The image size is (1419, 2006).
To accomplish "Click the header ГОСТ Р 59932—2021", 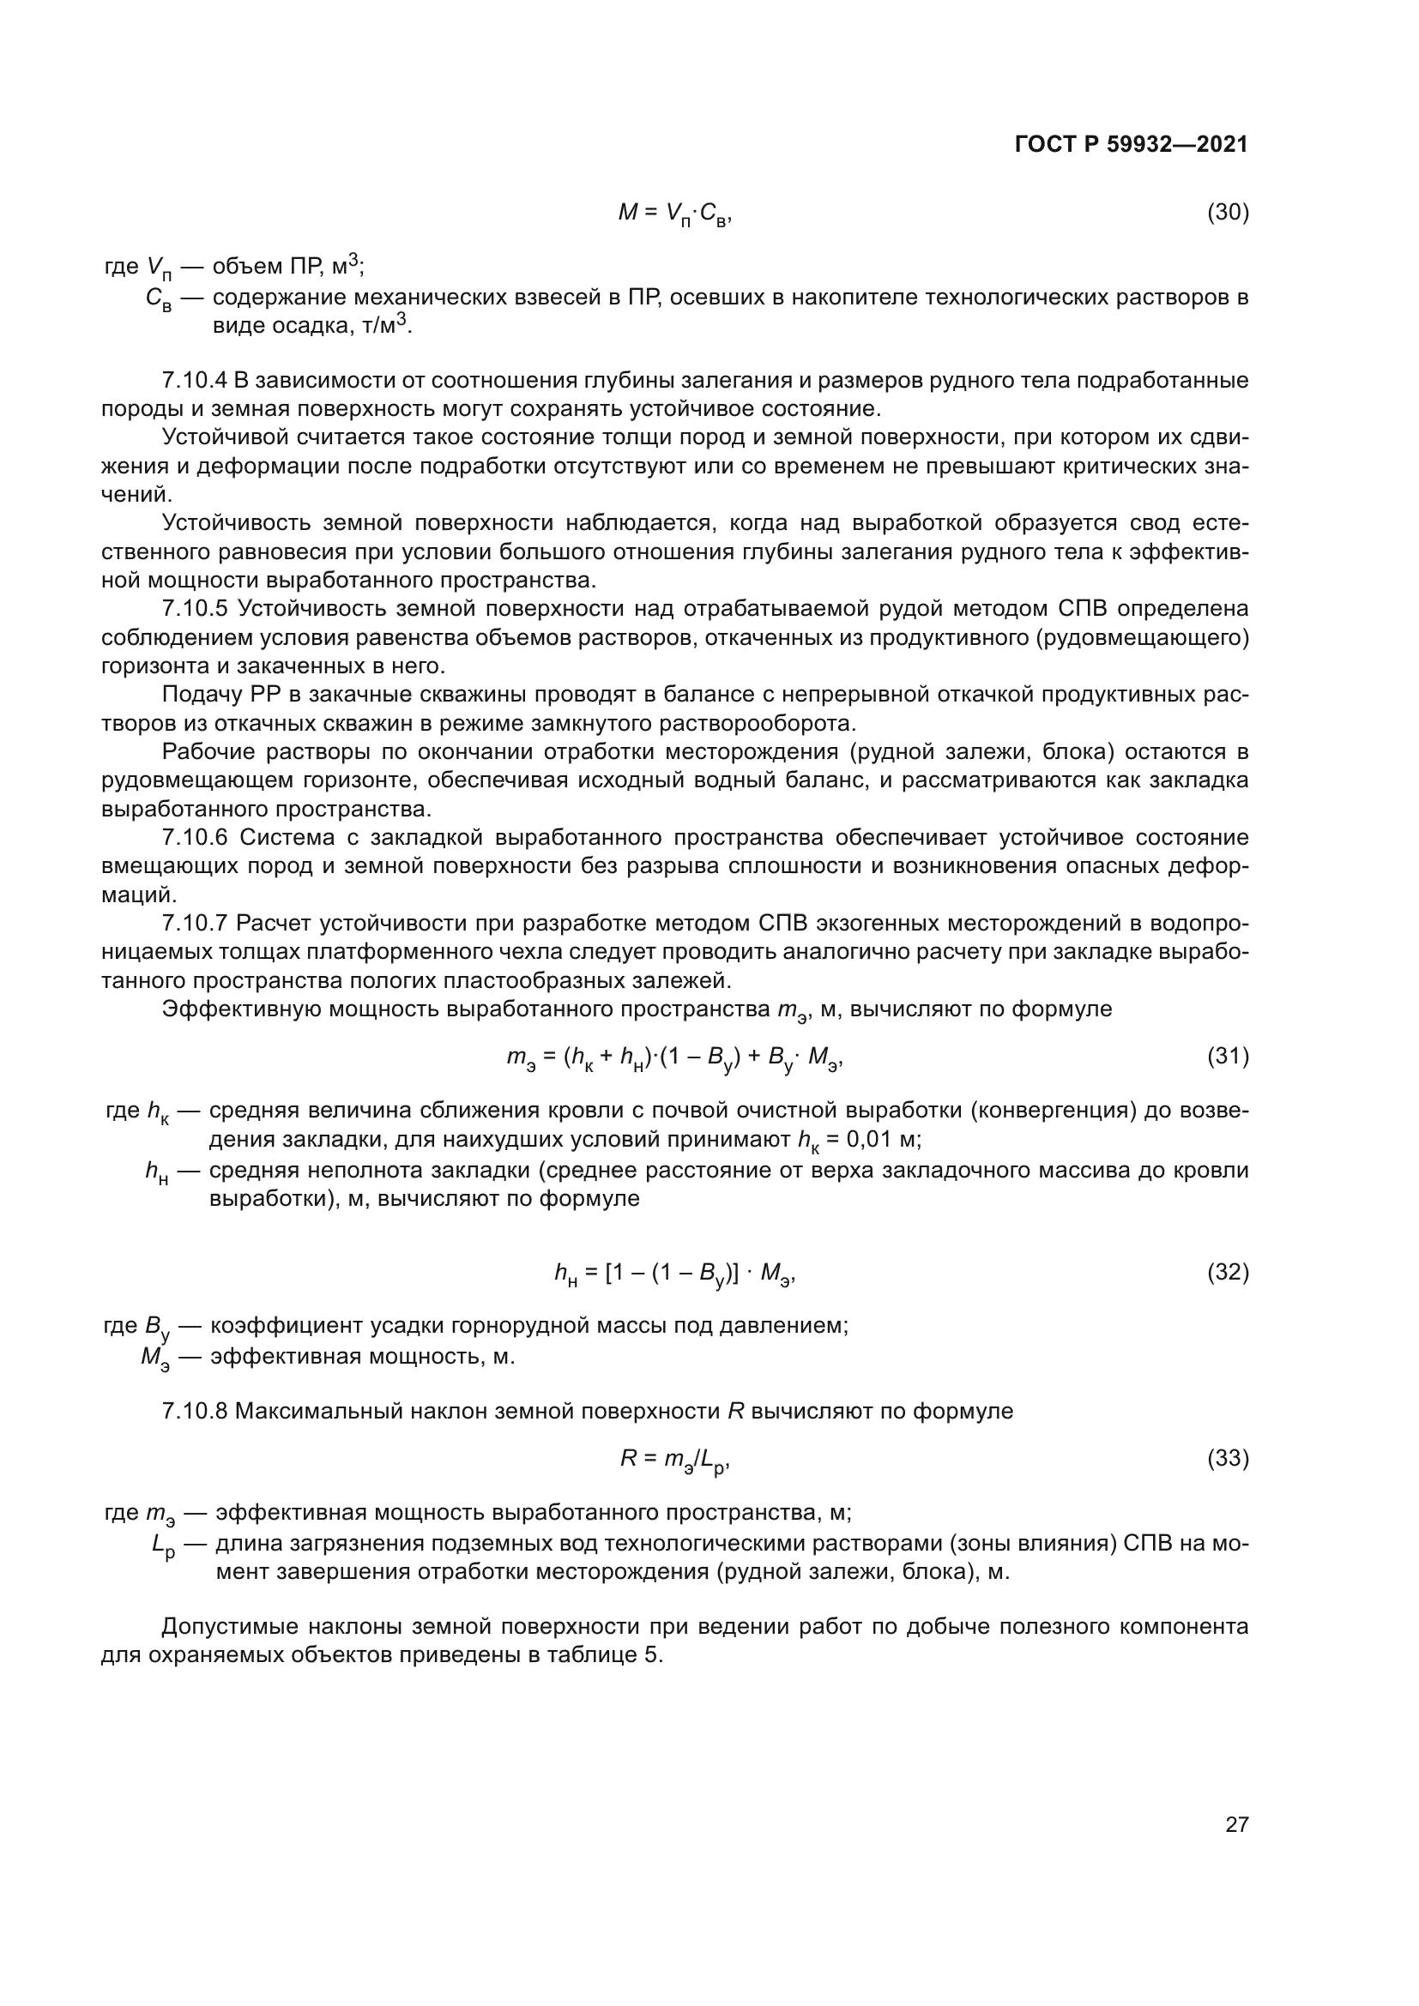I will [1132, 145].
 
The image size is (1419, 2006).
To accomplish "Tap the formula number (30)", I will [1228, 213].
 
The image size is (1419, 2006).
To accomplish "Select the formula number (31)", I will [1228, 1057].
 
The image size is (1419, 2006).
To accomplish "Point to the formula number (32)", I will [1228, 1272].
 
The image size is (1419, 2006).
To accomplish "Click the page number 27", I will [1236, 1824].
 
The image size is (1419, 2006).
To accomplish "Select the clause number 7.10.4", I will [195, 381].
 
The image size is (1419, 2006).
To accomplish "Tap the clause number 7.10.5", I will [195, 609].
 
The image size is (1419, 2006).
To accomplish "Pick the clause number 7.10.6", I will [195, 838].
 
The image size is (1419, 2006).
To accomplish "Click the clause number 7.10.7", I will [195, 924].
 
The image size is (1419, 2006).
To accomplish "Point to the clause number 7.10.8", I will [195, 1411].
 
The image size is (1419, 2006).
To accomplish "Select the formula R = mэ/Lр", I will [673, 1459].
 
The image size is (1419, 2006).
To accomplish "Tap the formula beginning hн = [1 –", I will [673, 1274].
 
